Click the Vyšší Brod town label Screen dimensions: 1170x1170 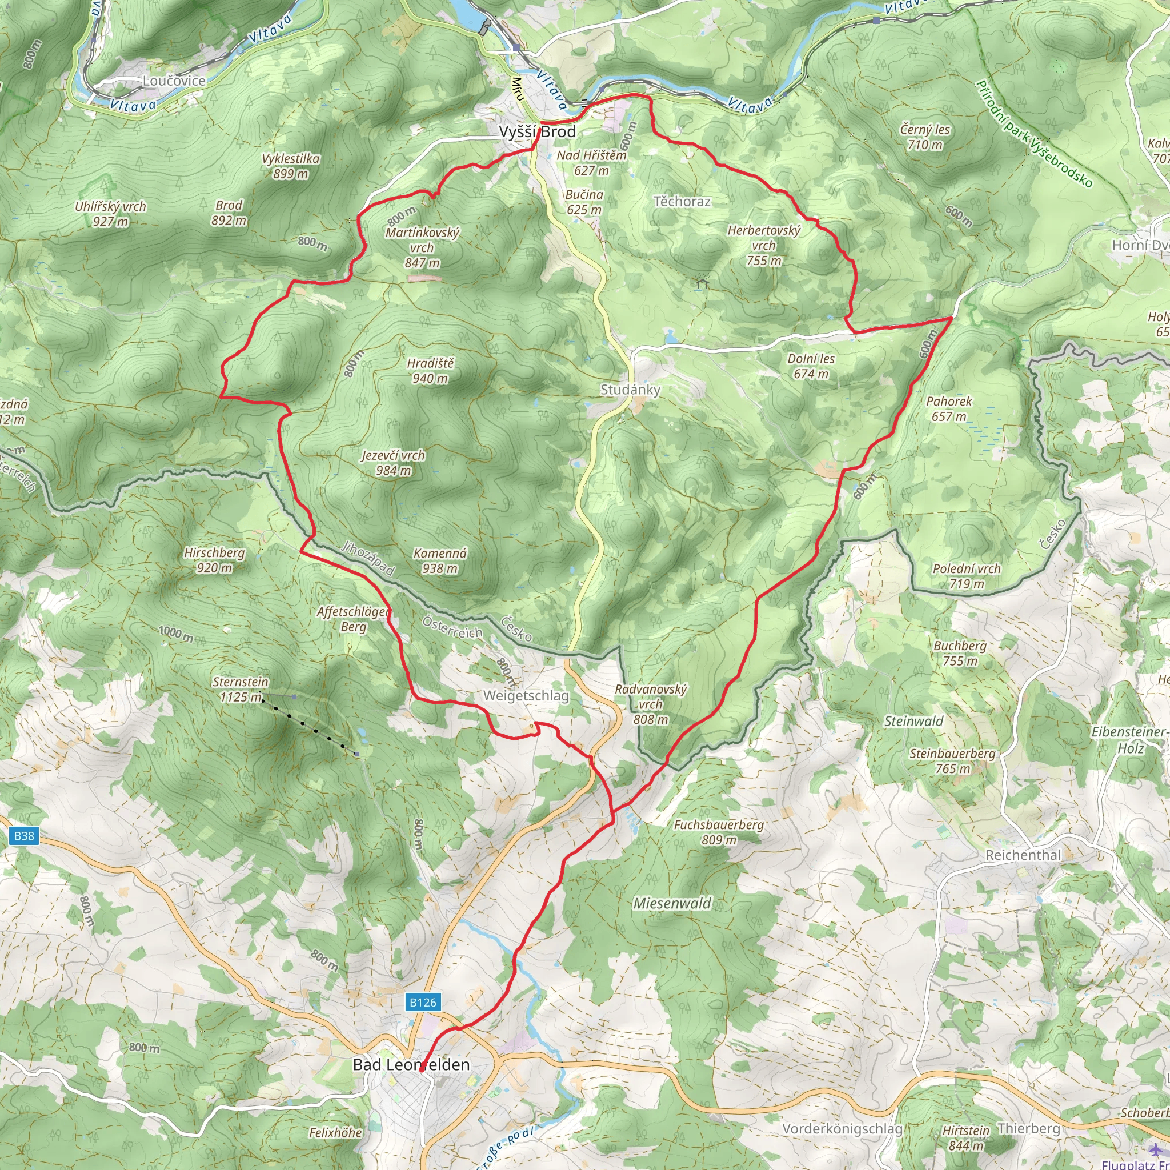pyautogui.click(x=537, y=132)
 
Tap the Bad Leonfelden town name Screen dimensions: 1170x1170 pyautogui.click(x=411, y=1065)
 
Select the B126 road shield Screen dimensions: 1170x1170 pyautogui.click(x=423, y=1002)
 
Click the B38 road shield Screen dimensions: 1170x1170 pyautogui.click(x=24, y=836)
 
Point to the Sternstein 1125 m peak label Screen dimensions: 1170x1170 pyautogui.click(x=240, y=689)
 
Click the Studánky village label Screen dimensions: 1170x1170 pyautogui.click(x=630, y=390)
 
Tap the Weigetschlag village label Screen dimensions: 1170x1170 pyautogui.click(x=526, y=695)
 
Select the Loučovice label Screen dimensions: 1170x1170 pyautogui.click(x=174, y=81)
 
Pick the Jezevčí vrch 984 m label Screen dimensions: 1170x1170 pyautogui.click(x=393, y=463)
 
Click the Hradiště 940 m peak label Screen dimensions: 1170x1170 pyautogui.click(x=430, y=371)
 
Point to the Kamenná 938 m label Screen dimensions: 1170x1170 pyautogui.click(x=440, y=560)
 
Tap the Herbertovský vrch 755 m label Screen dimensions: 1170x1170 pyautogui.click(x=764, y=245)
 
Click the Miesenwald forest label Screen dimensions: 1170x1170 pyautogui.click(x=672, y=903)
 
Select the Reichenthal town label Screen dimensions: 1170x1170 pyautogui.click(x=1023, y=855)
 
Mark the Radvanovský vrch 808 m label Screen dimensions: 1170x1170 pyautogui.click(x=651, y=704)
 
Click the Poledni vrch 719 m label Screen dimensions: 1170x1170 pyautogui.click(x=967, y=576)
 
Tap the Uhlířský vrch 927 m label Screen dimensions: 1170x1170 pyautogui.click(x=110, y=214)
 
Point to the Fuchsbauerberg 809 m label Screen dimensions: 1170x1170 pyautogui.click(x=719, y=831)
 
